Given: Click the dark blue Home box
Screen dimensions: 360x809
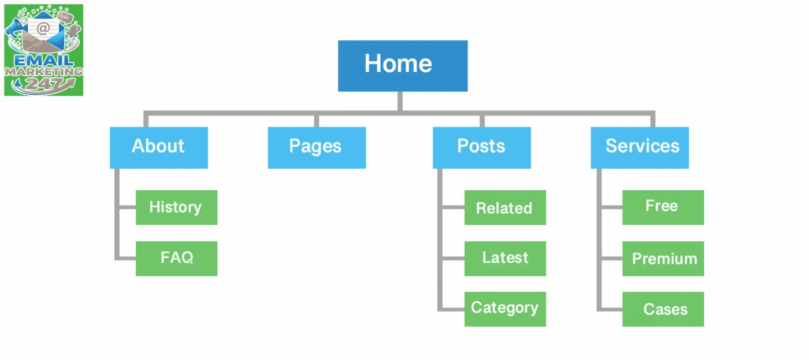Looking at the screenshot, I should pos(403,66).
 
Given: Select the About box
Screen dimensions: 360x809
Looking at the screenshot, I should pos(159,147).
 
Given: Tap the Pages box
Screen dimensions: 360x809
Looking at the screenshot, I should pos(317,147).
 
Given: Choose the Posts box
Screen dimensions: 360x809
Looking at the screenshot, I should pos(481,147).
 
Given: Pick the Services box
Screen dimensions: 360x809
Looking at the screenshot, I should pos(640,147).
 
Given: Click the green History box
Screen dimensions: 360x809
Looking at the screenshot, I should pos(176,207).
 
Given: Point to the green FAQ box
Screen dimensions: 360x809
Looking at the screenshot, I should pos(176,258).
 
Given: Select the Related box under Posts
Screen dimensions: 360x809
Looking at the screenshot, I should pos(505,207).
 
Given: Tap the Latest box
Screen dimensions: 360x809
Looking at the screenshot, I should pos(505,258).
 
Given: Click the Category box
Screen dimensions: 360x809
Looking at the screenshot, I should pos(505,309).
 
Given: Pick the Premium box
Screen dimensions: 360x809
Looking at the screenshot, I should pos(663,258).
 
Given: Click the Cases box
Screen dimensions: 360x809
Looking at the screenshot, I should pos(663,309).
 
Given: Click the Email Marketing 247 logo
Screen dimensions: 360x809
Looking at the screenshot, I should pos(44,50).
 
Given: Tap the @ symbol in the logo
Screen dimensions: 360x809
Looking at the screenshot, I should pos(43,28).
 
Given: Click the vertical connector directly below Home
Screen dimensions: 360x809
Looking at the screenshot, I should pos(400,101).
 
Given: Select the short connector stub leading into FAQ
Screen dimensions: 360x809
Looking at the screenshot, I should pos(127,258).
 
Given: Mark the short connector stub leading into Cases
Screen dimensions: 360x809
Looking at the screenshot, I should pos(611,310).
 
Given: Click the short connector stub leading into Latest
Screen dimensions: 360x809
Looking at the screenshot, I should pos(453,258).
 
